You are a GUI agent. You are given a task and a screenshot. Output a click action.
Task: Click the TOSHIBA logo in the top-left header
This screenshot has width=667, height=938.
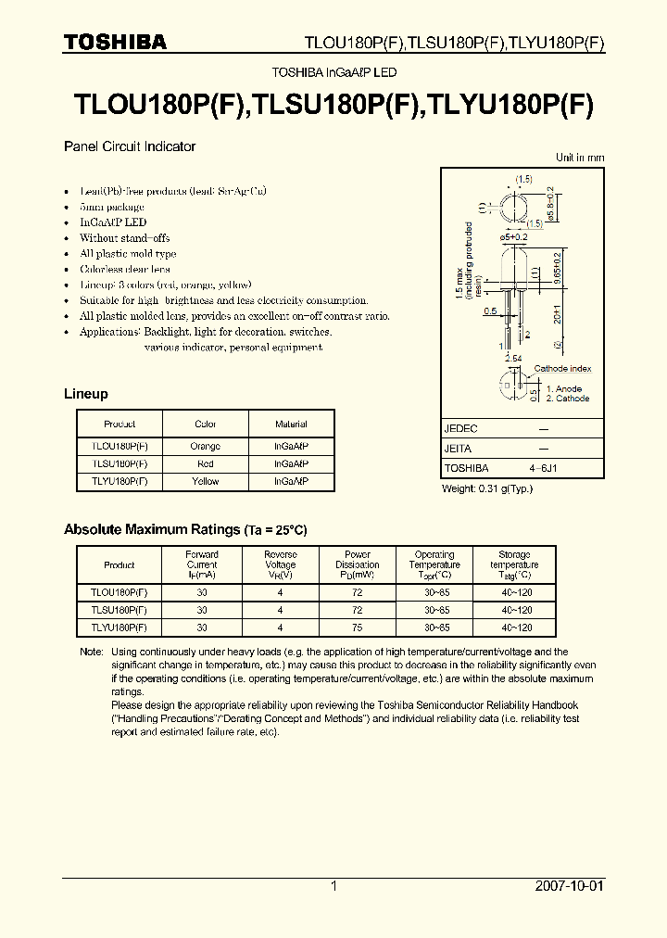(114, 42)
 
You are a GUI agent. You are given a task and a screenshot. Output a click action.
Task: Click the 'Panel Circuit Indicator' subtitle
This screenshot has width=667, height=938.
(129, 146)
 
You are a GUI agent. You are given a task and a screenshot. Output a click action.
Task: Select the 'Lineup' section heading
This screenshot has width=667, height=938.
(85, 394)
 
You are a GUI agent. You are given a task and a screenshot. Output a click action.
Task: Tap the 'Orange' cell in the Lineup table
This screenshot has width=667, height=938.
(205, 446)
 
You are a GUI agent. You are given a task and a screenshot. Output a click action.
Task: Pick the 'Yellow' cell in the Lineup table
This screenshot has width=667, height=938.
(205, 481)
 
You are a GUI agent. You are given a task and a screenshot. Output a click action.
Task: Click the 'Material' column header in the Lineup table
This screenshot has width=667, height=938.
(291, 425)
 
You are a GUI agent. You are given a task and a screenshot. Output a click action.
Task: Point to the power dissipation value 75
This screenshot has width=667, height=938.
(357, 627)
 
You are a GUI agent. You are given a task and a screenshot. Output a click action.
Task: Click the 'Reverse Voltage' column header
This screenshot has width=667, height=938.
(280, 560)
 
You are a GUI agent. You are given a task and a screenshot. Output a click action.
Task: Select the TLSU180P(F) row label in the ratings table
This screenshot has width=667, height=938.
(119, 610)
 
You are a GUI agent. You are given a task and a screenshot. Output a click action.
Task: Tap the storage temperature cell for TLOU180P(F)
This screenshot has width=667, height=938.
(516, 592)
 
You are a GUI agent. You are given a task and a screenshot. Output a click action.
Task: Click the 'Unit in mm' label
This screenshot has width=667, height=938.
(579, 158)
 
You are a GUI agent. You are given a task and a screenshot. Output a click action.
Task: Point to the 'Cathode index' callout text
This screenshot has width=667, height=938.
(561, 369)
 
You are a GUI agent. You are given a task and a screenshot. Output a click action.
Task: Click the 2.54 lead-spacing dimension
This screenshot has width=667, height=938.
(512, 357)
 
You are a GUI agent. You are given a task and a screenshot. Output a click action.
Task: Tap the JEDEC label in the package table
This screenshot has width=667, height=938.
(460, 429)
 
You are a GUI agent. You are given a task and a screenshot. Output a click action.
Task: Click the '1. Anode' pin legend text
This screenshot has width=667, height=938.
(563, 389)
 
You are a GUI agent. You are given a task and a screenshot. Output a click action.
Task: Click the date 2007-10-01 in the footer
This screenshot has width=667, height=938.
(569, 886)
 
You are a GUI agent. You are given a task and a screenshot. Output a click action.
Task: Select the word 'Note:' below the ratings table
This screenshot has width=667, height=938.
(91, 652)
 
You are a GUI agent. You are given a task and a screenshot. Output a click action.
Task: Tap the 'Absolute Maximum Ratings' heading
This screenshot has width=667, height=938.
(151, 529)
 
